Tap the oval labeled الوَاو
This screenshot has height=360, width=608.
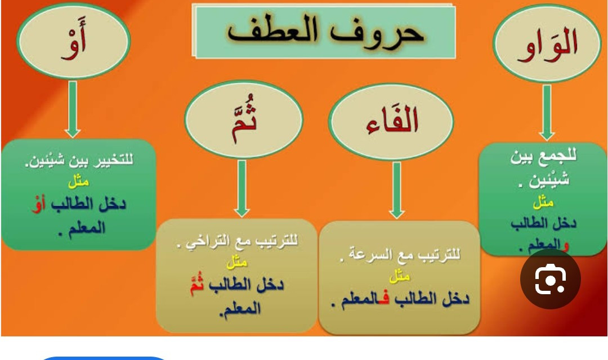point(547,43)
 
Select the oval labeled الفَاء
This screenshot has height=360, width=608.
point(391,121)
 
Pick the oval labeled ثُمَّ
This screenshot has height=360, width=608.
point(244,119)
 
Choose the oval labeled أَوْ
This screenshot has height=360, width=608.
point(73,40)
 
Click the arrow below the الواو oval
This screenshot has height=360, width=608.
point(547,112)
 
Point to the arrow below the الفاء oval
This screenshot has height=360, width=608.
point(397,190)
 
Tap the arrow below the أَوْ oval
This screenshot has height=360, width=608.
point(73,109)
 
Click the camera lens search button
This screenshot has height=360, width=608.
point(550,279)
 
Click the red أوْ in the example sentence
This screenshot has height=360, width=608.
point(38,205)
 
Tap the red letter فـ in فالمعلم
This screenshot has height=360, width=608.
point(383,299)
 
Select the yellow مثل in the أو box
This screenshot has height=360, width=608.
point(78,181)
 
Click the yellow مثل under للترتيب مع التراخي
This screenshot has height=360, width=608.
point(237,263)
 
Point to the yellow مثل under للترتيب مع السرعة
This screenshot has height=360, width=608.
point(399,277)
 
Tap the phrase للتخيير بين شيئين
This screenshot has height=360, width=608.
point(79,160)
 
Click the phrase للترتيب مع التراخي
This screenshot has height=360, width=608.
point(238,241)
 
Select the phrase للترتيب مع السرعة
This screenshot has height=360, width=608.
point(400,255)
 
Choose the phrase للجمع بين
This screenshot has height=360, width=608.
point(544,157)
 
